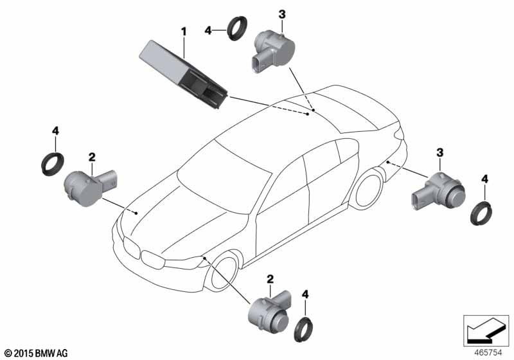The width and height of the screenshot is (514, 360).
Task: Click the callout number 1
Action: (184, 32)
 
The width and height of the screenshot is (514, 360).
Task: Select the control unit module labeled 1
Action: (183, 74)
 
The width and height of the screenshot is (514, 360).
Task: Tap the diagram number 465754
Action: (488, 353)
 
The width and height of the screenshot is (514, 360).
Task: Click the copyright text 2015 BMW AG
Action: (37, 354)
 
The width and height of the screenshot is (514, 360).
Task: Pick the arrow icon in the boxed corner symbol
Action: (486, 331)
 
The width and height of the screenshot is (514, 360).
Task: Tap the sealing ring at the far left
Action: (53, 163)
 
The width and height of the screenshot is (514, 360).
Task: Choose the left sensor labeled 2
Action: (91, 188)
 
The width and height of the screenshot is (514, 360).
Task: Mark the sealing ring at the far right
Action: (481, 213)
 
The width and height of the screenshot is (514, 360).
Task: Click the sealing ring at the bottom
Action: (303, 330)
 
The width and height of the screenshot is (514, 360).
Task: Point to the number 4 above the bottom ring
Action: (305, 294)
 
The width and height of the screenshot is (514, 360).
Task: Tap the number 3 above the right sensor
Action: (440, 152)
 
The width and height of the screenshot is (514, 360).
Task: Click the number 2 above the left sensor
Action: (92, 157)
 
